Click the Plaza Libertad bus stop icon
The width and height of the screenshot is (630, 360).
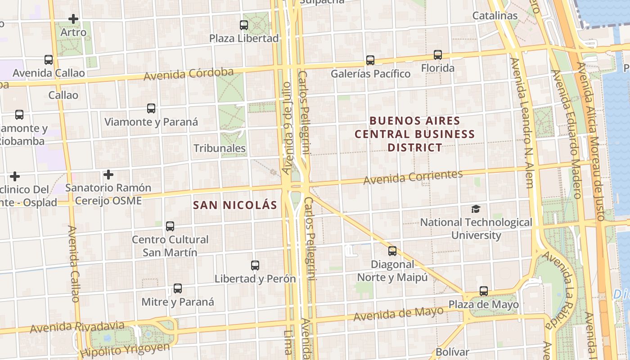[244, 25]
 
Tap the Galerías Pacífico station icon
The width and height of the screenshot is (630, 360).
[370, 60]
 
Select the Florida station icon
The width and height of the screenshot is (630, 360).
[438, 55]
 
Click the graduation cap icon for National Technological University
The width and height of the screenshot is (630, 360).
[476, 209]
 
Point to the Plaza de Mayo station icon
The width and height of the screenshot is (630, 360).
[484, 291]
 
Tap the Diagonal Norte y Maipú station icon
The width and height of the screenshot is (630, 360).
[392, 251]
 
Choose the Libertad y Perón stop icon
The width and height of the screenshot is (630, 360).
[255, 265]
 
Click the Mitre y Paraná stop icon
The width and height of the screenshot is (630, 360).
[178, 288]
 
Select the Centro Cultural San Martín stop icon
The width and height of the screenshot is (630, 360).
[170, 226]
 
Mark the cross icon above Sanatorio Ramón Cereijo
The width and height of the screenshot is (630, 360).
[108, 175]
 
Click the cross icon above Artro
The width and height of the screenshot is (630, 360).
[73, 19]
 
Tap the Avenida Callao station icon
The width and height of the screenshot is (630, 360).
[49, 60]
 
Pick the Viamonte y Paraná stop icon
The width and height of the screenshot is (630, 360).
[151, 108]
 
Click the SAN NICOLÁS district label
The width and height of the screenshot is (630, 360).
[235, 205]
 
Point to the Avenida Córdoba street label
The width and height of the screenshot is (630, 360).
[189, 74]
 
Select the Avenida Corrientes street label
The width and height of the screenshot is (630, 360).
[413, 177]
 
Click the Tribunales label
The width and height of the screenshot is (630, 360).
[220, 148]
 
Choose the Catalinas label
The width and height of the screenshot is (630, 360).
[495, 16]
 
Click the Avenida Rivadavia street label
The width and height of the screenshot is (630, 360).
[77, 327]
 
